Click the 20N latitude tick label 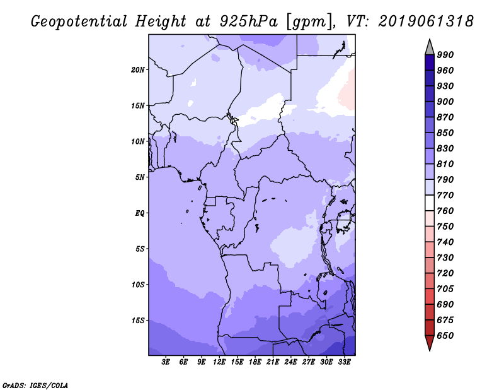[138, 69]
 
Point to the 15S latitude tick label [138, 321]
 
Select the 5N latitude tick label [140, 177]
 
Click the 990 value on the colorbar [445, 55]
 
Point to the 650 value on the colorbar [445, 336]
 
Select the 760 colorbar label [445, 211]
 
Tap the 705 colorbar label [445, 289]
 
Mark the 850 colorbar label [445, 133]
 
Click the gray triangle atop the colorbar [430, 47]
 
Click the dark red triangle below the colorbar [430, 343]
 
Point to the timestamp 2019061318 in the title [427, 21]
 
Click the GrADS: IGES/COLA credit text [35, 384]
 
